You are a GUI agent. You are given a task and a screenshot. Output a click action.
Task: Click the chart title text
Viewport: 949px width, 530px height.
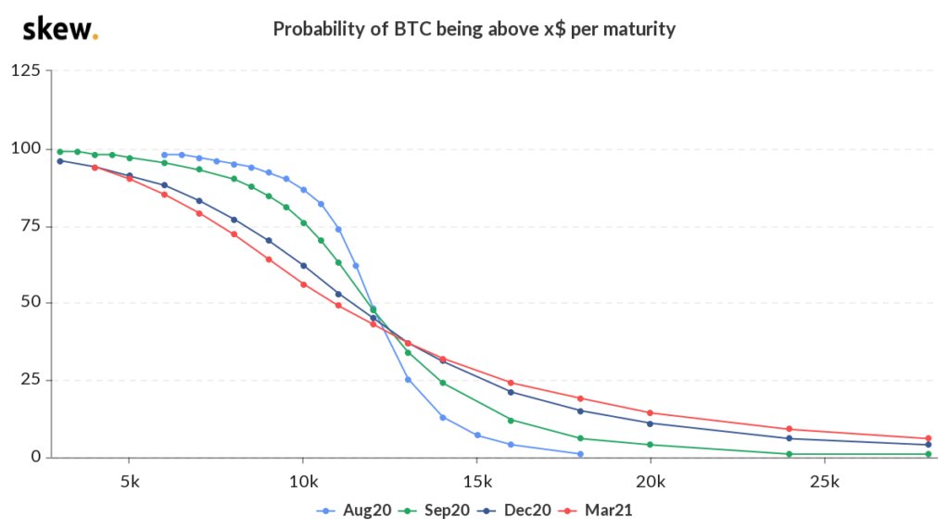tap(474, 29)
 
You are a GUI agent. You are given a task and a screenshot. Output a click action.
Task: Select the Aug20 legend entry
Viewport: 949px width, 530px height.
tap(345, 509)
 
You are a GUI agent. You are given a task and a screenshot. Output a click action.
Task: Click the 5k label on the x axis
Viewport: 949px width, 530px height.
tap(129, 481)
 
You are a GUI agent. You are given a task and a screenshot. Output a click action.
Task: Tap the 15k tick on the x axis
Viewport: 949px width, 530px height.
tap(477, 481)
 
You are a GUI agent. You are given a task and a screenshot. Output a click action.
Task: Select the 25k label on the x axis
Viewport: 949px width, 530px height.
tap(825, 481)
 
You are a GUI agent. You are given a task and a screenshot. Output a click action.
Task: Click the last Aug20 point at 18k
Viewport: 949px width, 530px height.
tap(580, 454)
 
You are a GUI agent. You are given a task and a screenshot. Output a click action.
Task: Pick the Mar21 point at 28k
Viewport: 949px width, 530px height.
tap(928, 438)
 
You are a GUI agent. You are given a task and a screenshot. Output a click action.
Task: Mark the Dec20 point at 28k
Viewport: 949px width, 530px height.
tap(928, 445)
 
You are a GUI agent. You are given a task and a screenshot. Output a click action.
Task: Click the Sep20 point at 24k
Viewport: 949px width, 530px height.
tap(789, 454)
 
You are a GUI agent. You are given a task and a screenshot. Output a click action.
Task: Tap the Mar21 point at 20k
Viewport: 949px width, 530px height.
tap(650, 413)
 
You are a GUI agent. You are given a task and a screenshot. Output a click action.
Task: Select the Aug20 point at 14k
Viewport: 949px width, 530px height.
tap(442, 417)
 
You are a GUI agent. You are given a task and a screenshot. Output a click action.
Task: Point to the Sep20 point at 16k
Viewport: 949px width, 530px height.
tap(511, 420)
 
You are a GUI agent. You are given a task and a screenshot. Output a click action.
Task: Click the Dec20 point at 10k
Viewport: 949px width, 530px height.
tap(303, 265)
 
